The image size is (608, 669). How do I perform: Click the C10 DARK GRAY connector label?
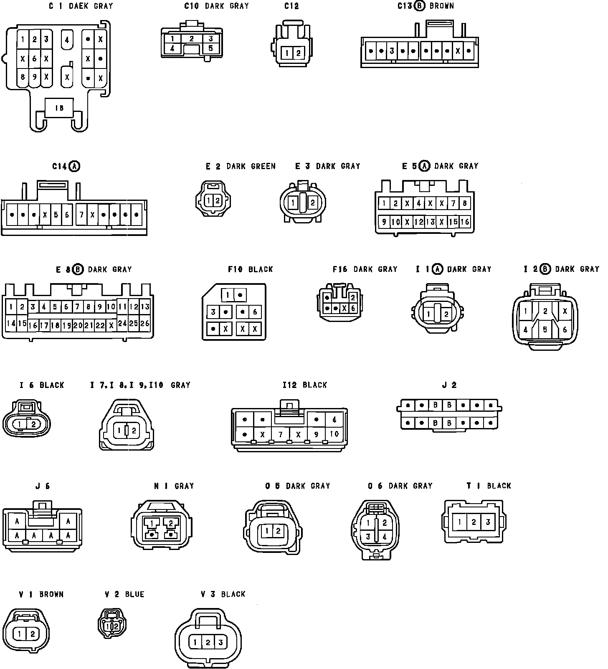pos(216,6)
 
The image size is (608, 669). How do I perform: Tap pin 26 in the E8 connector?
pos(144,323)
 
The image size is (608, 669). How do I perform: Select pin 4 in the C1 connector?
pos(67,41)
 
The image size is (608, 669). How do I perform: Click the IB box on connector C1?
pos(59,108)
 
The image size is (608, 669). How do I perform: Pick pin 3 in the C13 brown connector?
pos(392,51)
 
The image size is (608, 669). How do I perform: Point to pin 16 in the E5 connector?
pos(465,222)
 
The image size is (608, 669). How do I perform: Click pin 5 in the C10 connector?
pos(210,48)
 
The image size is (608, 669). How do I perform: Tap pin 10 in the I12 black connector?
pos(334,434)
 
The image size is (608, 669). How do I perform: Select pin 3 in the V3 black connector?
pos(220,642)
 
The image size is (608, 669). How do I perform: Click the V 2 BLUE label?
pos(124,594)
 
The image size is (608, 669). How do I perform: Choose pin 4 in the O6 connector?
pos(385,537)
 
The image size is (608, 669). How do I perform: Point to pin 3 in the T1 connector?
pos(487,522)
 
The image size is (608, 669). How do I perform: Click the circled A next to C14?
pos(74,166)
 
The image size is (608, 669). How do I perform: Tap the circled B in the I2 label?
pos(545,269)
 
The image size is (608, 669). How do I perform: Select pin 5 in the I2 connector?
pos(545,329)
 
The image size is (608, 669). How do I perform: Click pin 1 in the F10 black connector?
pos(228,295)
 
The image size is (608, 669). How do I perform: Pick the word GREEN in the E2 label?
pos(263,166)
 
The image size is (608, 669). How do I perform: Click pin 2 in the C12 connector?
pos(298,53)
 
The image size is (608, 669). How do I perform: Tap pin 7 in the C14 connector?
pos(81,215)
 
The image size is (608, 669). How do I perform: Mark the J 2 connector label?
pos(449,385)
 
